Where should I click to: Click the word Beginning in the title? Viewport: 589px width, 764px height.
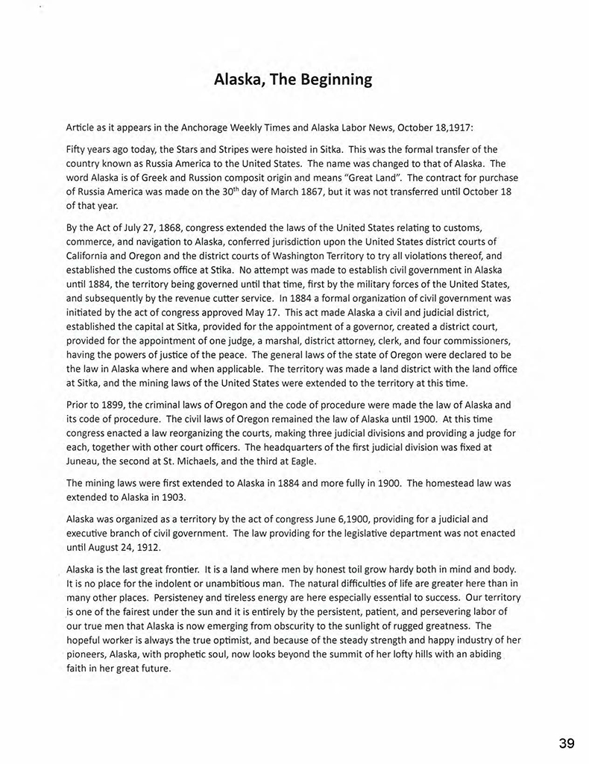click(335, 80)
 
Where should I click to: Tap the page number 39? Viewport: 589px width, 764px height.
click(566, 743)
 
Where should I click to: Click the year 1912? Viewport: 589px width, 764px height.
click(160, 546)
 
